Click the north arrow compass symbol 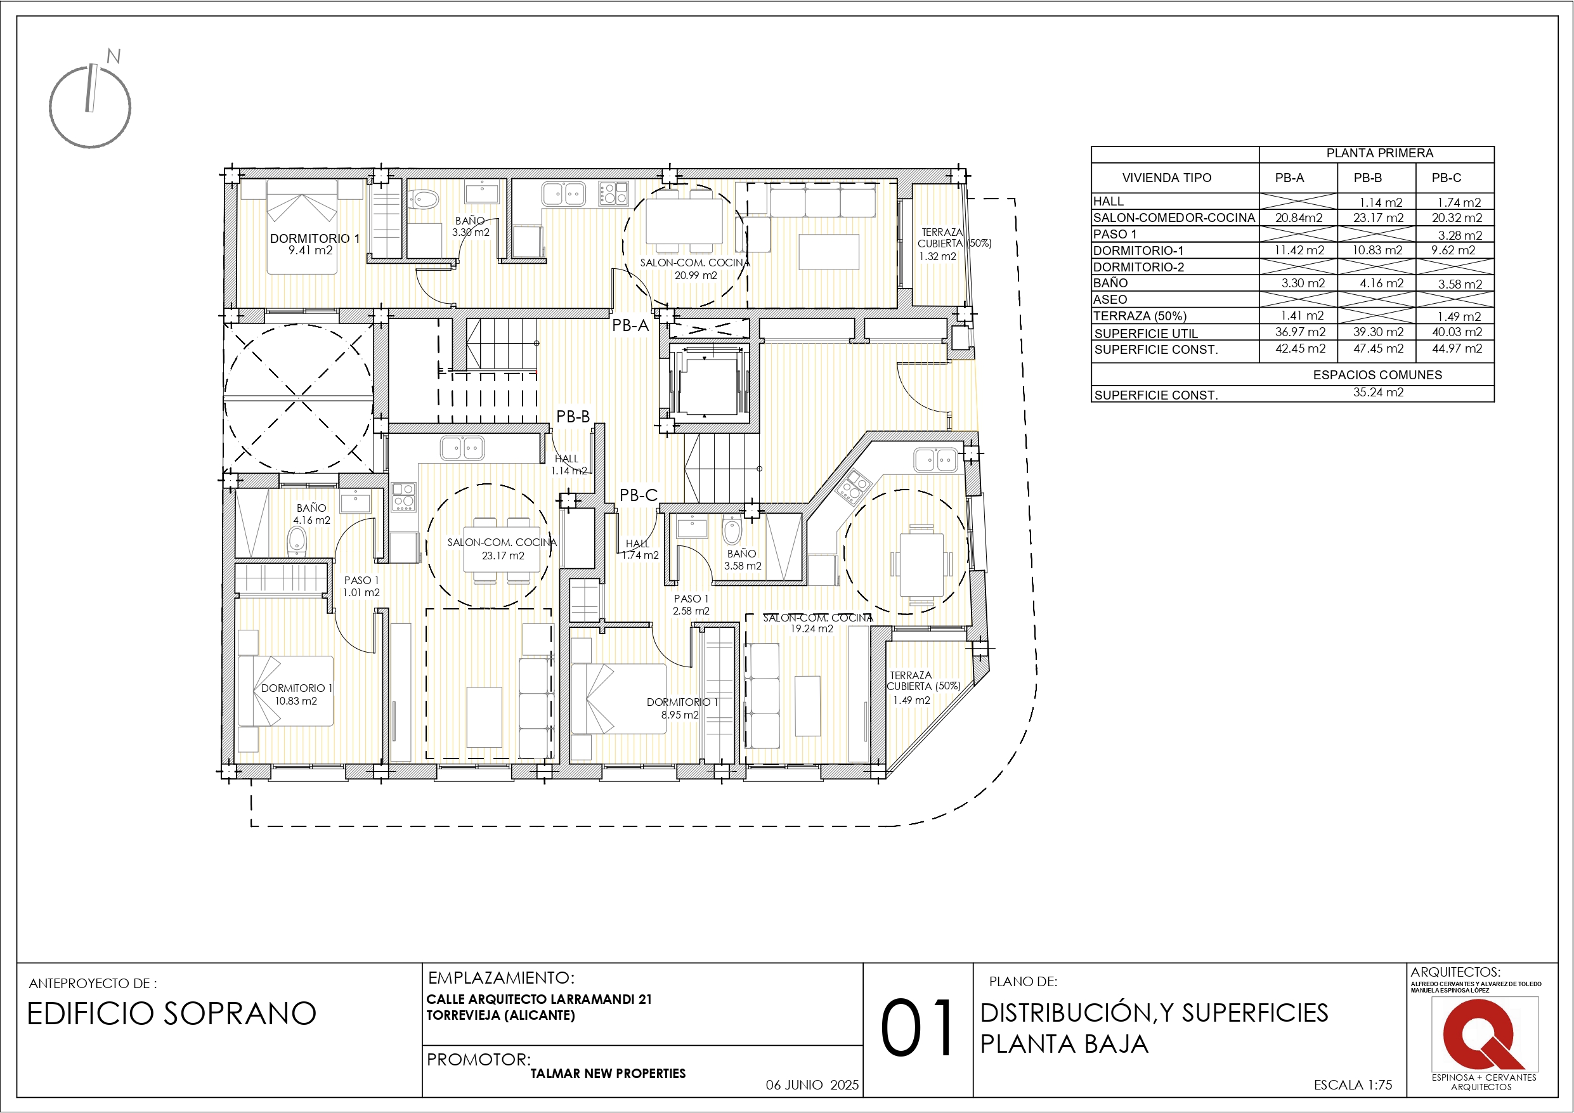(90, 106)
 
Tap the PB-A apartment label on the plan (630, 326)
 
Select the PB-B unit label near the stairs (573, 416)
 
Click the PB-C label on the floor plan (638, 495)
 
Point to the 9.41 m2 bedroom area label (311, 251)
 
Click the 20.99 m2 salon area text (695, 276)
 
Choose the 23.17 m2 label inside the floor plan (502, 556)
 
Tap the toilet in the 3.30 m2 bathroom (425, 200)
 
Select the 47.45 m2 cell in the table (1378, 348)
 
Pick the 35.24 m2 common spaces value (1378, 393)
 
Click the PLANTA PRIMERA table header (1379, 153)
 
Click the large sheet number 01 (917, 1029)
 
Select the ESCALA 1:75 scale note (1353, 1085)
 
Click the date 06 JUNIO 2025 (812, 1085)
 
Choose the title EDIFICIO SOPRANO (171, 1013)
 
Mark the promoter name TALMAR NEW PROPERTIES (608, 1073)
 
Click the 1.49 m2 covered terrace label (911, 700)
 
